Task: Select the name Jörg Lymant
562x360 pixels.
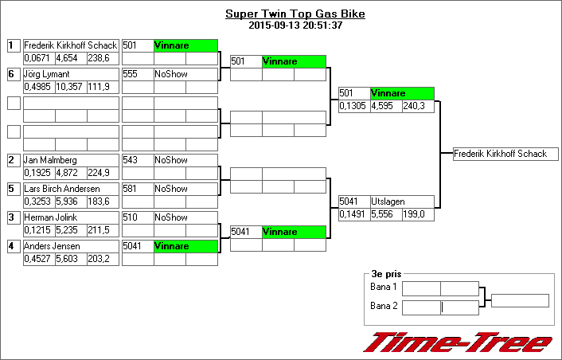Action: tap(48, 74)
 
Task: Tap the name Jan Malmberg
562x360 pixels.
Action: tap(50, 160)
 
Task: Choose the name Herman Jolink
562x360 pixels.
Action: tap(50, 217)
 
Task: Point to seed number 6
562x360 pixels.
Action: tap(13, 74)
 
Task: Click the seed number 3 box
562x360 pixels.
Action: tap(13, 217)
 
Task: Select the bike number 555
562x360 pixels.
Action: tap(131, 74)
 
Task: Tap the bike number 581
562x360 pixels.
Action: tap(131, 189)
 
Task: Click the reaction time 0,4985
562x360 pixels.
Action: tap(37, 87)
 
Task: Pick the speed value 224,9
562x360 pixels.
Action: tap(99, 173)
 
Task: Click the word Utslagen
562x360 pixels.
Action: tap(387, 202)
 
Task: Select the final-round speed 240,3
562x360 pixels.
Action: tap(414, 106)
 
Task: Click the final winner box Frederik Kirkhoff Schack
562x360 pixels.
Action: tap(501, 154)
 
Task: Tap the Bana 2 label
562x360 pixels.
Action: tap(383, 305)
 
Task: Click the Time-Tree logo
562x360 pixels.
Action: tap(459, 342)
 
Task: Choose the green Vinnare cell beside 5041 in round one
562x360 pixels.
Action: tap(185, 246)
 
